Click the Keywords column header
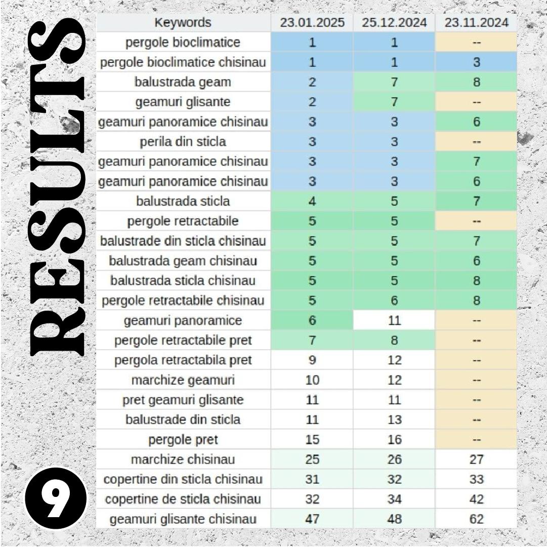[x=183, y=23]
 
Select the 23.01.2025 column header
[x=312, y=23]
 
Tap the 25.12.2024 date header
[x=394, y=23]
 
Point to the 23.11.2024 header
[x=476, y=23]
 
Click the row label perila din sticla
[x=183, y=142]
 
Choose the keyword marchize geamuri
[x=183, y=380]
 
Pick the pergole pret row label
[x=183, y=440]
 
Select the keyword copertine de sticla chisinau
[x=183, y=499]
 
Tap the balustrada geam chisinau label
[x=183, y=261]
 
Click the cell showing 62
[x=476, y=519]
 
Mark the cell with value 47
[x=312, y=519]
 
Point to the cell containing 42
[x=476, y=499]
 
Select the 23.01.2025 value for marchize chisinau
[x=312, y=459]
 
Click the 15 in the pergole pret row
[x=312, y=440]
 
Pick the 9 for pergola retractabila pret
[x=312, y=360]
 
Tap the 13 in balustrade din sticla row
[x=394, y=419]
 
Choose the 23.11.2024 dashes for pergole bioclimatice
[x=476, y=43]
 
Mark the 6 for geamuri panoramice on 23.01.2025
[x=312, y=320]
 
